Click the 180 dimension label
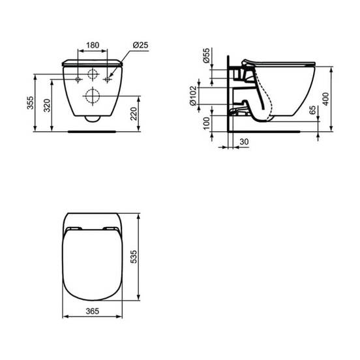(x=93, y=45)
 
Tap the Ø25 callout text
(x=140, y=45)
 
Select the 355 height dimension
(x=30, y=102)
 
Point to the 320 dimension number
(x=47, y=105)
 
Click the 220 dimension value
(x=134, y=113)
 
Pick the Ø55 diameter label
(x=206, y=55)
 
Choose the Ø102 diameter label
(x=193, y=96)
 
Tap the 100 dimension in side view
(x=207, y=123)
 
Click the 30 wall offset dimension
(x=244, y=142)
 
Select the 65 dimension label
(x=312, y=110)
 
